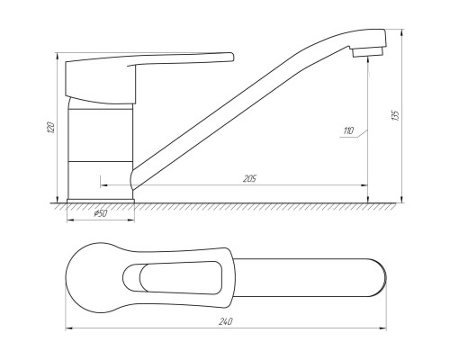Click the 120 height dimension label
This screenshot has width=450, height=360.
(51, 128)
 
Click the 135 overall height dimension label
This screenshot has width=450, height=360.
(396, 115)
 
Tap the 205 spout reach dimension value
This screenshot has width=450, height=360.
(249, 179)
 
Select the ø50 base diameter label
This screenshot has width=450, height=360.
(101, 213)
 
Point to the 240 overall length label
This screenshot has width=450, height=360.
(226, 321)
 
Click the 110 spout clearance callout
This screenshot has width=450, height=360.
(348, 130)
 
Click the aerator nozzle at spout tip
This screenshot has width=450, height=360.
(368, 51)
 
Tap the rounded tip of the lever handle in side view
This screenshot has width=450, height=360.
(231, 57)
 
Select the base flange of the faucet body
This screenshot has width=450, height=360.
(100, 201)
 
